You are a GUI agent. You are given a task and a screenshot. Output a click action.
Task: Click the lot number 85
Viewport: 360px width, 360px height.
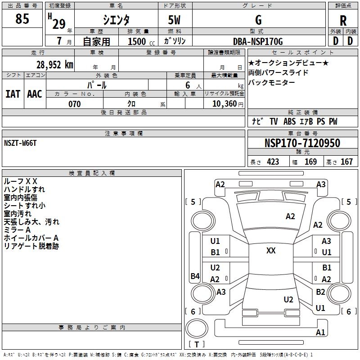tap(22, 18)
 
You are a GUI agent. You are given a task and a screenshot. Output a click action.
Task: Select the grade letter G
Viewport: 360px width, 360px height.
tap(258, 20)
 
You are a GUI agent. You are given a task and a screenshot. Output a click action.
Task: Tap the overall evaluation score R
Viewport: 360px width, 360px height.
tap(343, 21)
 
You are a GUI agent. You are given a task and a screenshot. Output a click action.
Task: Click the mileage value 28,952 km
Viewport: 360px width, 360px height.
tap(54, 65)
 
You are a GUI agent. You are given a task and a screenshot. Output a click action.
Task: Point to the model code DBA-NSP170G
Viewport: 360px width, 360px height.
tap(258, 41)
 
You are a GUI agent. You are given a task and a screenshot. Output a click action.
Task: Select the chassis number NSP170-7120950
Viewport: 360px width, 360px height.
tap(302, 143)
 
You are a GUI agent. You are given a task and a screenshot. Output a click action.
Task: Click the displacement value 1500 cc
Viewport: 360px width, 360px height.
tap(141, 41)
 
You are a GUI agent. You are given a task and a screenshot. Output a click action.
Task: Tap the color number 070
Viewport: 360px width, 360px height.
tap(75, 104)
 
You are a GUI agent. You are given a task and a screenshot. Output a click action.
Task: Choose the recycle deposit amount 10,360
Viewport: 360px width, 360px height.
tap(225, 104)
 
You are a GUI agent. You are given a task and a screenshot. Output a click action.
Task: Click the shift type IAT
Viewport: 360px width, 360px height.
tap(13, 94)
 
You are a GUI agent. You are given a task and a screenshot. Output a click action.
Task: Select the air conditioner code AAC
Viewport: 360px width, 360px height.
tap(35, 94)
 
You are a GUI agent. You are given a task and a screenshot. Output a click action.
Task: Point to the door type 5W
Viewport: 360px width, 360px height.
tap(174, 20)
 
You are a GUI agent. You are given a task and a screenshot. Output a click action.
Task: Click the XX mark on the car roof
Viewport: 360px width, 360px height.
tap(271, 251)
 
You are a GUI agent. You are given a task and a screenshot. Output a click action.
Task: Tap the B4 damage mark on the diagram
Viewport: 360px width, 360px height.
tap(195, 276)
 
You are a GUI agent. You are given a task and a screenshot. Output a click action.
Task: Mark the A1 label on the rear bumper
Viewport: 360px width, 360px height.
tap(320, 332)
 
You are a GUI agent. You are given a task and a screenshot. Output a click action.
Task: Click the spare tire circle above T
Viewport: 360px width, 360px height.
tap(197, 328)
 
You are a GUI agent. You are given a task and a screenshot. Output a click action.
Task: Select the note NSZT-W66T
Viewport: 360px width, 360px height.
tap(20, 143)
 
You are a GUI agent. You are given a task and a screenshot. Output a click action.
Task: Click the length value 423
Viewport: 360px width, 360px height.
tap(273, 162)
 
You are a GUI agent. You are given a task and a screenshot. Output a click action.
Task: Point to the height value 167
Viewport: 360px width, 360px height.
tap(346, 162)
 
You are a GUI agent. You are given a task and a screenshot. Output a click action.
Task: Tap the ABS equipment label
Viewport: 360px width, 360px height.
tap(289, 121)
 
